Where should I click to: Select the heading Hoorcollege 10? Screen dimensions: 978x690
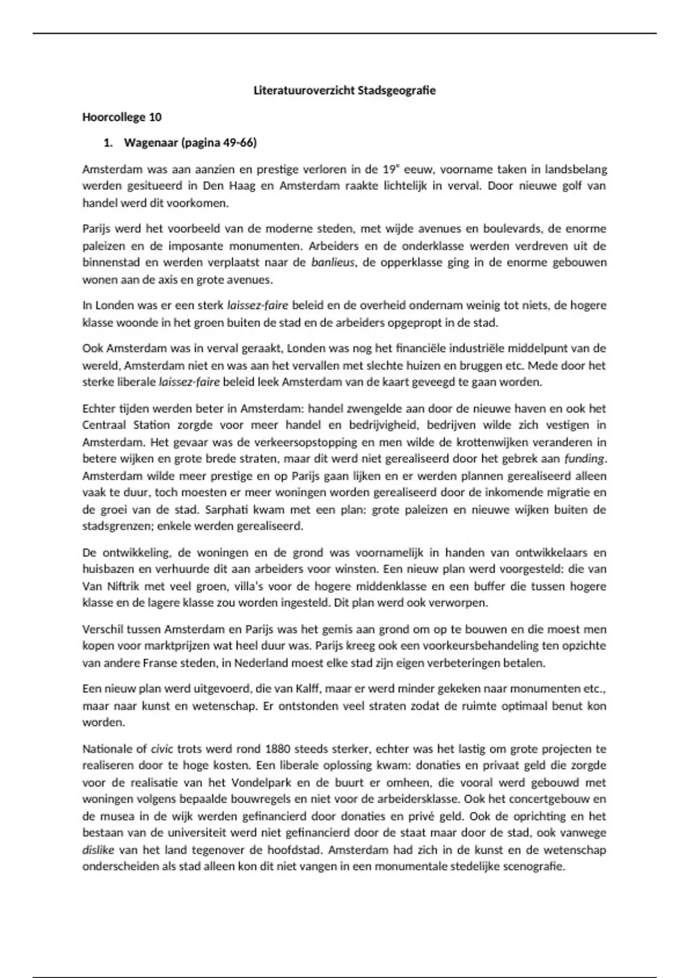tap(122, 117)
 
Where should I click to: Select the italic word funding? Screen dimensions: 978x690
tap(585, 459)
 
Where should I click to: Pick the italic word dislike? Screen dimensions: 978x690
tap(98, 850)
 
